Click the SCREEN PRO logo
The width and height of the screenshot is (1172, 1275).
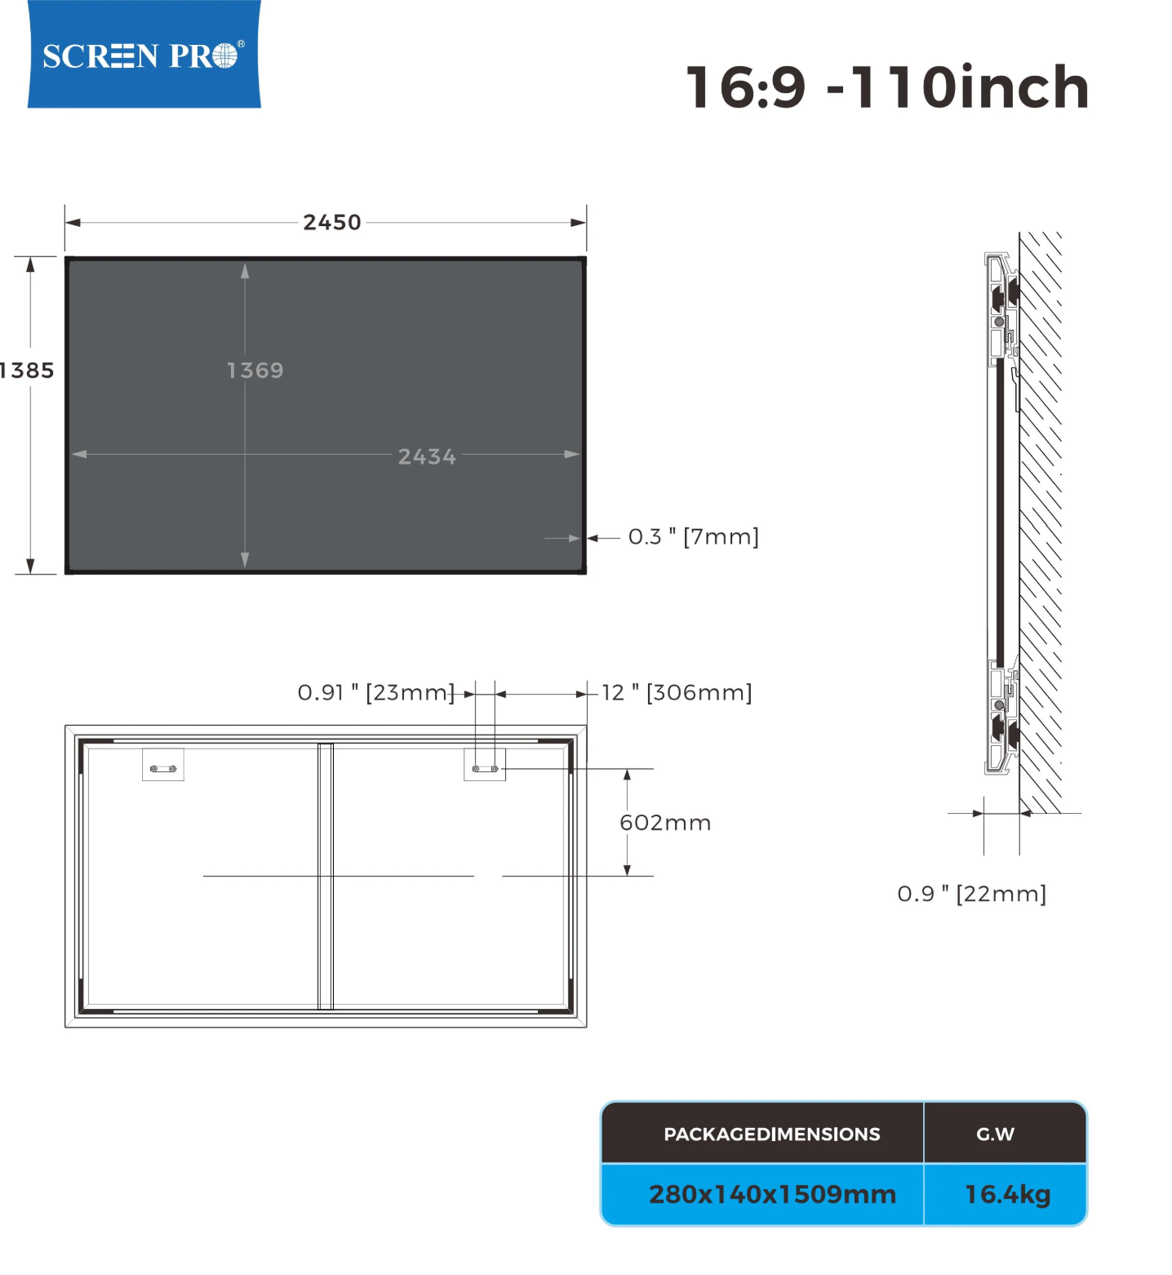(144, 55)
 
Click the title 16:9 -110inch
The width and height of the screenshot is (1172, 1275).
(887, 87)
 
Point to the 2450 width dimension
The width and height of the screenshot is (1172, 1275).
(331, 222)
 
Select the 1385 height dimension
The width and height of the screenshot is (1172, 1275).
(27, 371)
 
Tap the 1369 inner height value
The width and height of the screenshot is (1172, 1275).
(255, 371)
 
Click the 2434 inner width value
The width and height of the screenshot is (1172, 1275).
(427, 456)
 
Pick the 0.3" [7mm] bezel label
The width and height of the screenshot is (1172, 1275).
(693, 537)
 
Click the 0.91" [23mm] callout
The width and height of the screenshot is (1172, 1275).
(375, 693)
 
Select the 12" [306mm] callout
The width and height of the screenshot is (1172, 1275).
(677, 693)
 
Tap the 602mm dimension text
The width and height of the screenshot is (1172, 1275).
(665, 823)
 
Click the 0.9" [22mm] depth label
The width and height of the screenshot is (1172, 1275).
(971, 894)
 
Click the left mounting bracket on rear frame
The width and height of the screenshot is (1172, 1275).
(163, 766)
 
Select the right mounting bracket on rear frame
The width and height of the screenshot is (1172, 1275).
(485, 766)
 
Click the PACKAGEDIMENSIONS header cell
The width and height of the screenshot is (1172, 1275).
(771, 1134)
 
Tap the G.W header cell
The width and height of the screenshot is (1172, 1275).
(995, 1134)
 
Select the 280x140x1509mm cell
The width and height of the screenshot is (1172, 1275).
(771, 1194)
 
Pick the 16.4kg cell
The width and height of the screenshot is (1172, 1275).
(1007, 1194)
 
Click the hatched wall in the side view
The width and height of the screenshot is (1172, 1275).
(1041, 522)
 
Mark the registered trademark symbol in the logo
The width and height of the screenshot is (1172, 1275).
(241, 44)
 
